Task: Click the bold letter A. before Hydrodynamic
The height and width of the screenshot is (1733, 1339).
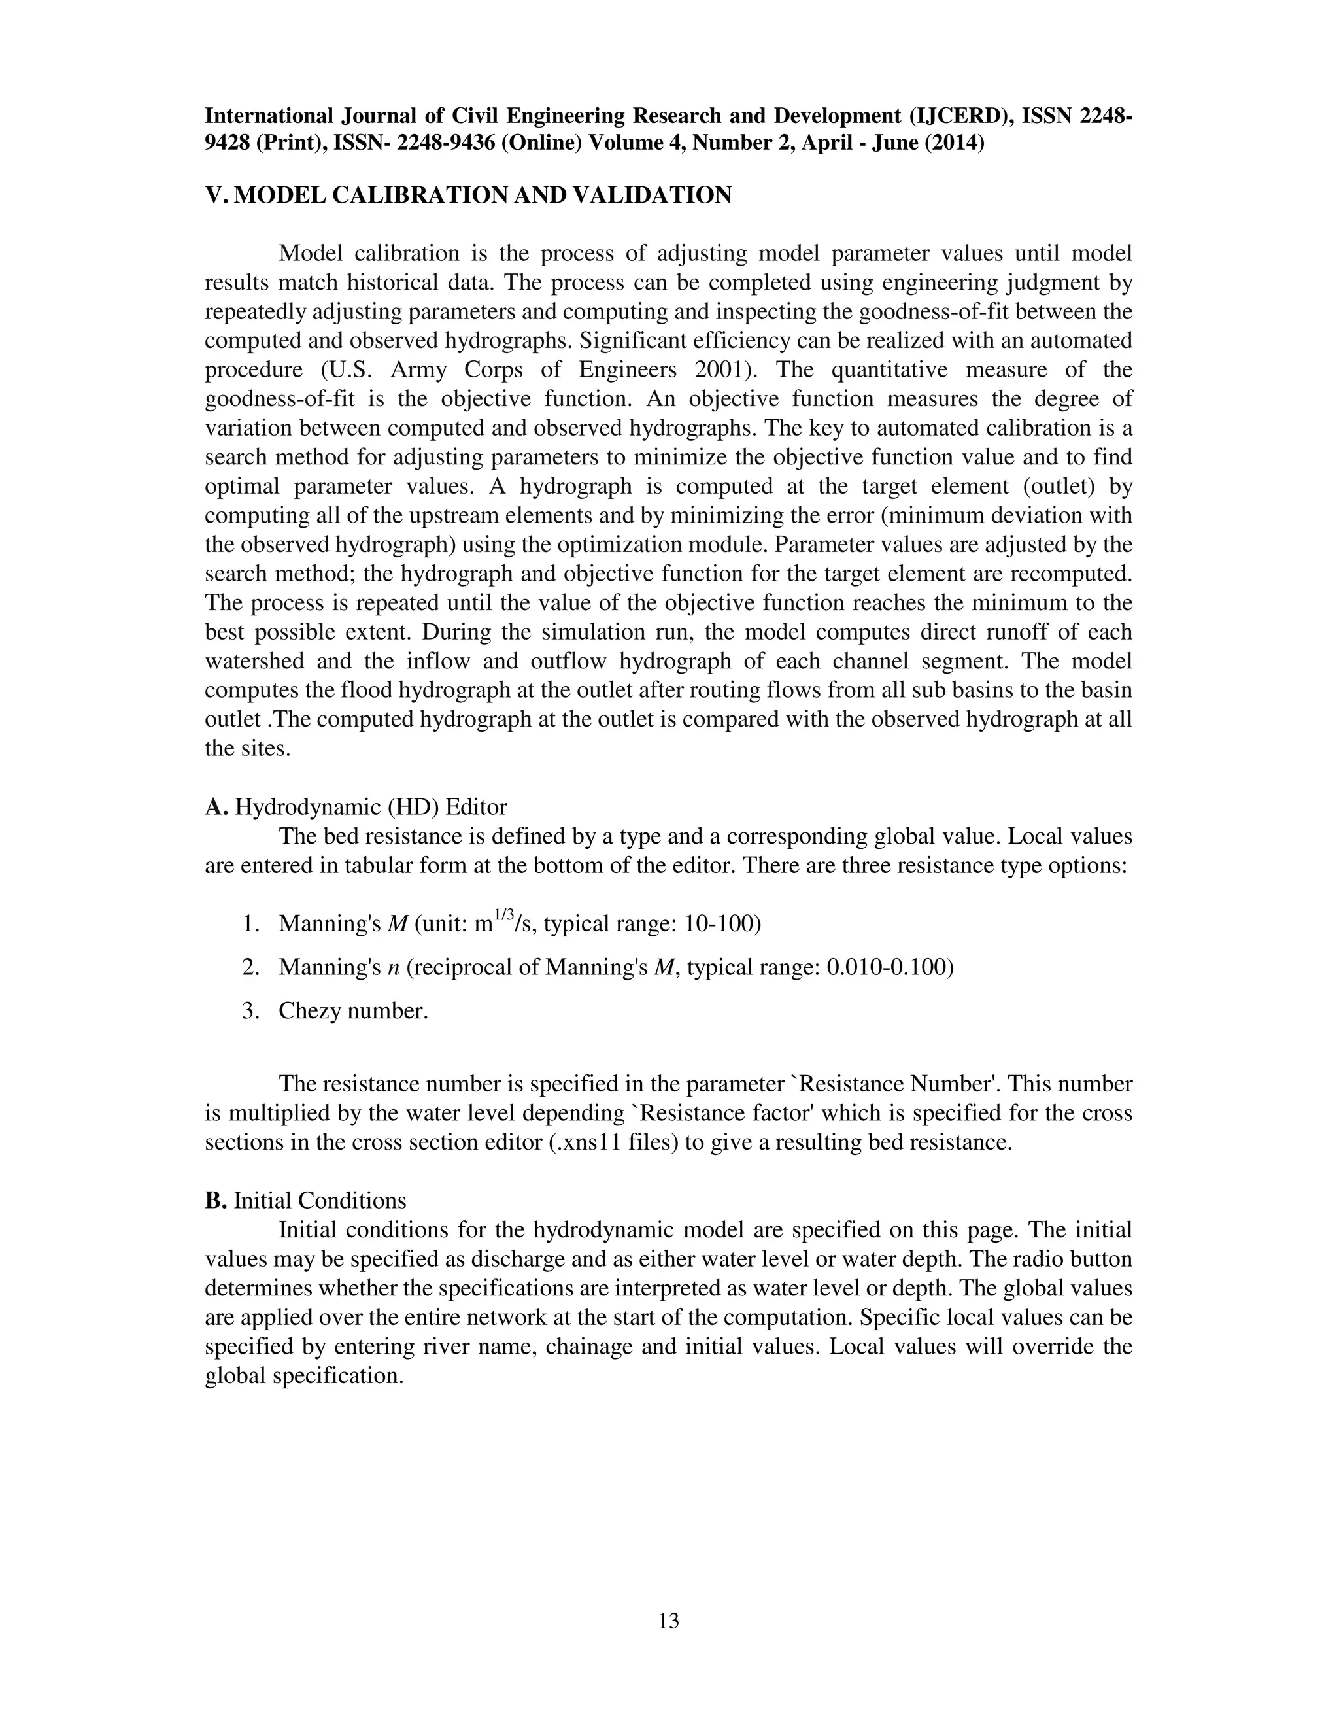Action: click(x=216, y=807)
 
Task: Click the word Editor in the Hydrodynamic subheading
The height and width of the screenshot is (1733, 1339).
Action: click(x=476, y=807)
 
